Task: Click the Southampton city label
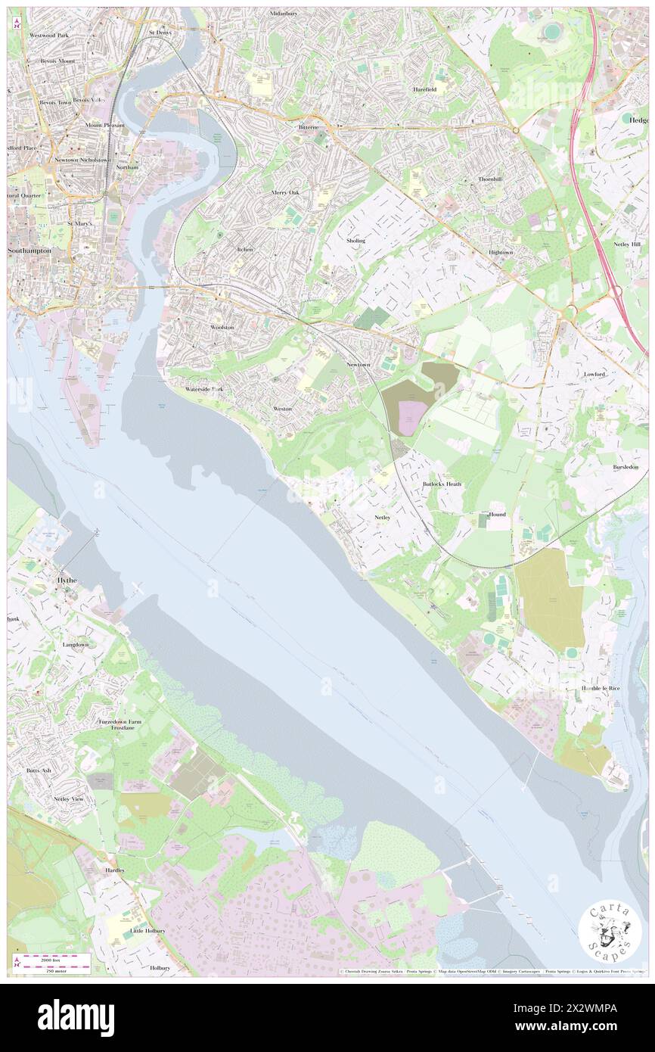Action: coord(29,250)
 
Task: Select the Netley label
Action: coord(382,518)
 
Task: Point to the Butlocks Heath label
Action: coord(442,484)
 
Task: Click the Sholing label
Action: coord(355,241)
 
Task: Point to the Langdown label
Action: coord(76,645)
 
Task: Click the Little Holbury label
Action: coord(147,930)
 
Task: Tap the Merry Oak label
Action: coord(286,192)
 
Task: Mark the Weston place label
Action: coord(282,409)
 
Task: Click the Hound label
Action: coord(497,515)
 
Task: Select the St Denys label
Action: coord(160,33)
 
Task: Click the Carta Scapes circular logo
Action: coord(610,933)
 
